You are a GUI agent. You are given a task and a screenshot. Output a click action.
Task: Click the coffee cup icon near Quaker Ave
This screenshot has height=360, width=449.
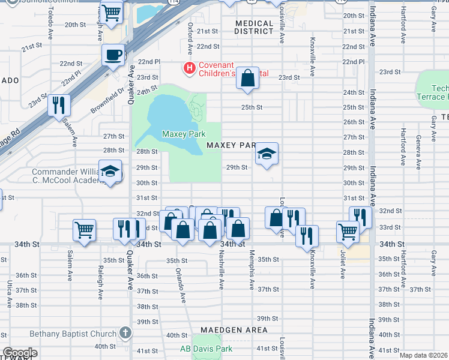point(113,56)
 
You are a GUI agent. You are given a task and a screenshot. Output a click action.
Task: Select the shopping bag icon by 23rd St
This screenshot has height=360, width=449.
point(247,78)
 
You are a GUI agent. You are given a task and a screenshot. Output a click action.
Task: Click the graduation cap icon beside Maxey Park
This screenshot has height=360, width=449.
point(267,155)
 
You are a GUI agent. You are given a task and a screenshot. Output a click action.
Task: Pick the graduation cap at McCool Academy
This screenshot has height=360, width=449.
point(110,172)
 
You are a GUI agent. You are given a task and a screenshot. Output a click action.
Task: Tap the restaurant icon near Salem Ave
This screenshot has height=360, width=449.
point(59,106)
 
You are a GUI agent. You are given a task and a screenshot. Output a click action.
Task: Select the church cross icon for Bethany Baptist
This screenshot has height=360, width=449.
point(125,332)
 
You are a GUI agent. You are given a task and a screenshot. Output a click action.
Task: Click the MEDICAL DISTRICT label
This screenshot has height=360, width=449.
point(254,28)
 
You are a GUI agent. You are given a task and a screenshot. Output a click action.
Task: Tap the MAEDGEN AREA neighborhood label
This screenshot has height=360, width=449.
point(234,330)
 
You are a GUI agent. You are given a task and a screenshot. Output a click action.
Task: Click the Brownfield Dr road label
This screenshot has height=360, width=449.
point(108,100)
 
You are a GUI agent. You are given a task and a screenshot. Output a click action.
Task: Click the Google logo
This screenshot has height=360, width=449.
point(20,353)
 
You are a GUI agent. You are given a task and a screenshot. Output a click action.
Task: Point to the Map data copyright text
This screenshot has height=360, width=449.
point(423,355)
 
